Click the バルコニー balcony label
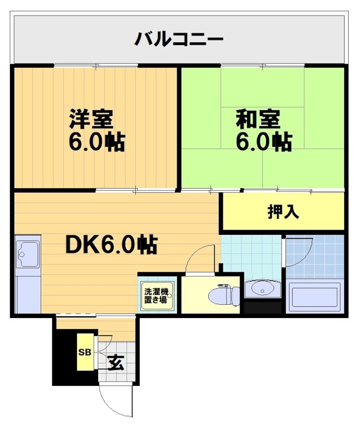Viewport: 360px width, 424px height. point(179,39)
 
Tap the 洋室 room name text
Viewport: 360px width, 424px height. point(91,119)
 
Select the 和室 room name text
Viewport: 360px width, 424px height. point(258,119)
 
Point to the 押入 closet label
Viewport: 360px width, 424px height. point(283,211)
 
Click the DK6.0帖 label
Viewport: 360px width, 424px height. point(110,244)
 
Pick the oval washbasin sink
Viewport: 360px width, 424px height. point(262,289)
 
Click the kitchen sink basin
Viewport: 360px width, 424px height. point(28,254)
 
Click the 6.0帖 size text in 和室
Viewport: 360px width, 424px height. point(264,142)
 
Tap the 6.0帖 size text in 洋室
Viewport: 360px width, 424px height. point(96,142)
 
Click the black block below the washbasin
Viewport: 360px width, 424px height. point(262,306)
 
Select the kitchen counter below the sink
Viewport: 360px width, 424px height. point(28,294)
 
